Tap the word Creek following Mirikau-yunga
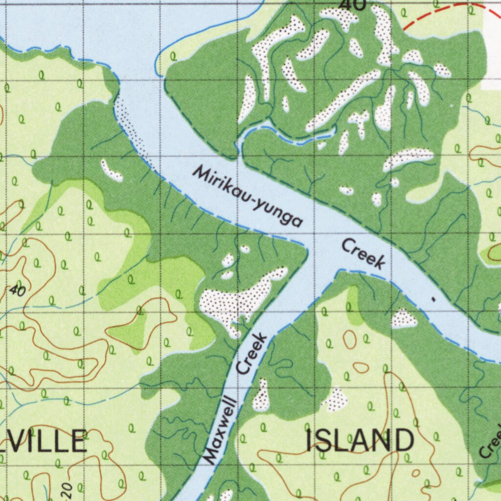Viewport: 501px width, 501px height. [363, 254]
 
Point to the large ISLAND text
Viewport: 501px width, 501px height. [360, 440]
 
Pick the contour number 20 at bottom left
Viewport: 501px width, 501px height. [68, 488]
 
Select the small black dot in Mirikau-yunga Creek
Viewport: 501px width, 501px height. [432, 297]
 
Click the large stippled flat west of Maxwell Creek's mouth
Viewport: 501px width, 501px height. [235, 299]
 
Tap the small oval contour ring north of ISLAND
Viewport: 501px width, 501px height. [349, 339]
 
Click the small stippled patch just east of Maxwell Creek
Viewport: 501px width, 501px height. [261, 396]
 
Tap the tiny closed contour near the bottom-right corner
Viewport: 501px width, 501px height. [415, 473]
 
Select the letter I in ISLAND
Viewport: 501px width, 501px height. [311, 440]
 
